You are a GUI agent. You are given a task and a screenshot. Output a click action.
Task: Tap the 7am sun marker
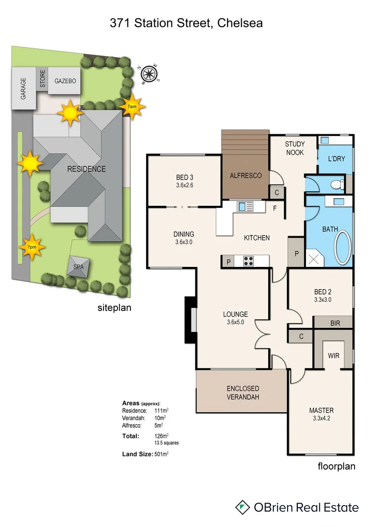coord(131,106)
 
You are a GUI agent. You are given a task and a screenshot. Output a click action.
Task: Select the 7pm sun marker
coord(32,247)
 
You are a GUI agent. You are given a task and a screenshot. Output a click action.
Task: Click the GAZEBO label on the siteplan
coord(65,81)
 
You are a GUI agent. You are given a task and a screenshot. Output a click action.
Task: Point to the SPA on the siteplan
coord(78,267)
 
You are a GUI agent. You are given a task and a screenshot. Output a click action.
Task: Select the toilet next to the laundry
coord(335,185)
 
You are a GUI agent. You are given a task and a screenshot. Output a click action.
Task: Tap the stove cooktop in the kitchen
coord(248,262)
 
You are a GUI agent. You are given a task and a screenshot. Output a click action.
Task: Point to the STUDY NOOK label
coord(295,148)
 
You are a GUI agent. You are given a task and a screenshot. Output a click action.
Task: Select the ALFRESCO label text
coord(245,176)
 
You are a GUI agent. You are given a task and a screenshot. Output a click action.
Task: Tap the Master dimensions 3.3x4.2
coord(321,418)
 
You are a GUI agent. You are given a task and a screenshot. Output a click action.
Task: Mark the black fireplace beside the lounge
coord(188,320)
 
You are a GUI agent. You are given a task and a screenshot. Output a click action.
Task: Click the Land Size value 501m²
coord(161,454)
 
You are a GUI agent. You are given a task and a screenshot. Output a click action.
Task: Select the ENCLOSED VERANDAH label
coord(243,393)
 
